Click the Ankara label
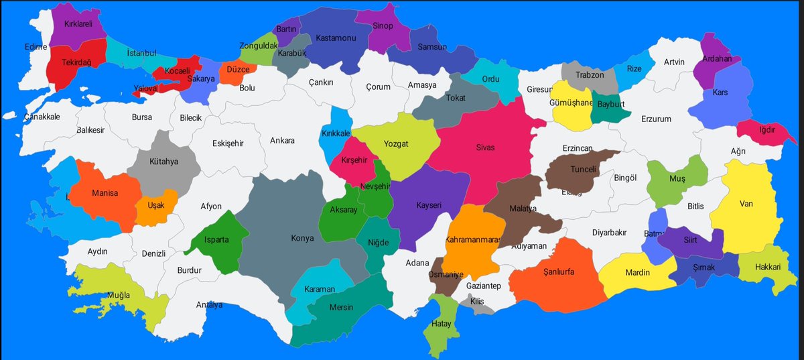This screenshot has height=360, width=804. pos(282,141)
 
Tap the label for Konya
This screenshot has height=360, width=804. pos(302,238)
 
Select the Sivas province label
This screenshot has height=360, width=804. pos(485,147)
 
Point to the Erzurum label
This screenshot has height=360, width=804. pos(656,119)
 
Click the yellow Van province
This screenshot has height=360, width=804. pos(747,215)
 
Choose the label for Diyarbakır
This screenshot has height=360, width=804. pos(609,233)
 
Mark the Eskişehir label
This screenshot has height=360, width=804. pos(228,143)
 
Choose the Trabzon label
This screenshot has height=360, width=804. pos(590,75)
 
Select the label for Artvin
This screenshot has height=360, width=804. pos(674,62)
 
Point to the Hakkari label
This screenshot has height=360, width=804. pos(768,267)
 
